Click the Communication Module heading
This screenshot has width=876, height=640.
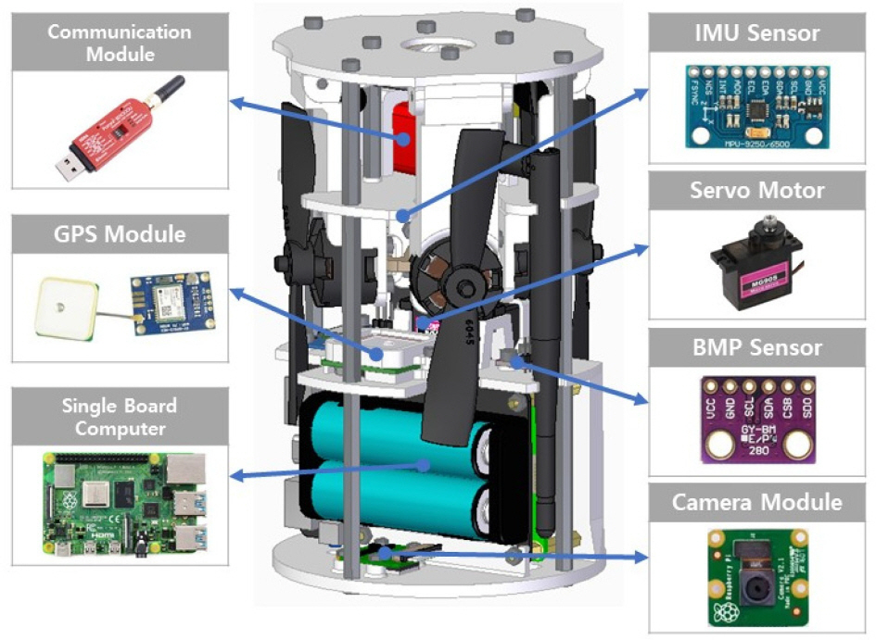coord(120,43)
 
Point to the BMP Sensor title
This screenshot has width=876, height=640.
coord(757,348)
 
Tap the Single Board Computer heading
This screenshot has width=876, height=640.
coord(120,416)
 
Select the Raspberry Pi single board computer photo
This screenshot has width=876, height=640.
coord(120,506)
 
